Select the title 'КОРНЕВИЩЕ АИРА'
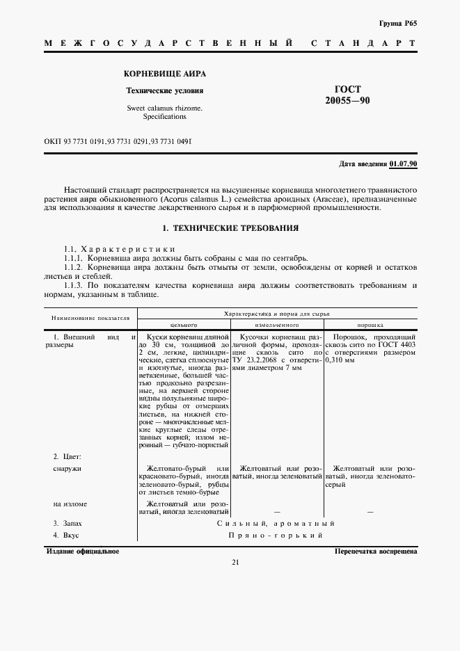pos(165,73)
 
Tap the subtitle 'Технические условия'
pos(165,90)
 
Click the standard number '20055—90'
pos(347,101)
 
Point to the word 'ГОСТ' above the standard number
pos(347,88)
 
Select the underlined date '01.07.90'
pos(404,163)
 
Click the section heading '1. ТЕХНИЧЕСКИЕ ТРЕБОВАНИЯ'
pos(230,227)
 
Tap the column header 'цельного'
pos(184,324)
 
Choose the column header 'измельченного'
pos(276,324)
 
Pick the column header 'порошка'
pos(370,324)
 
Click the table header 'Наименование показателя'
pos(90,318)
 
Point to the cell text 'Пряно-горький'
pos(276,536)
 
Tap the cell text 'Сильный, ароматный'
pos(276,523)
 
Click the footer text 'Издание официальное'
pos(82,550)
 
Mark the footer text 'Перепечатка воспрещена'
pos(375,550)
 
